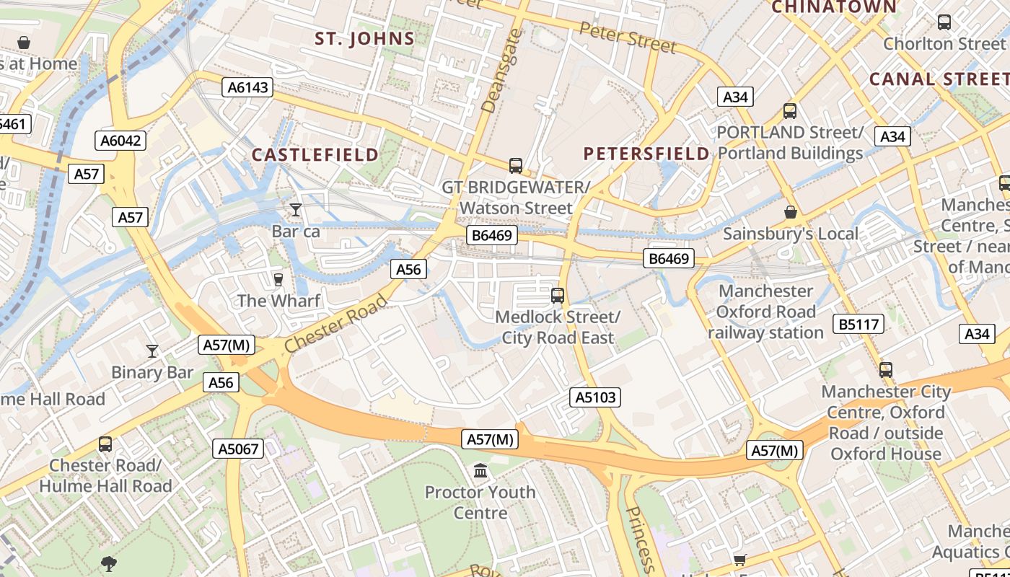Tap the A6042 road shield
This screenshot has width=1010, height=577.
click(120, 140)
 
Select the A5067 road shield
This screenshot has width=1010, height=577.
click(238, 449)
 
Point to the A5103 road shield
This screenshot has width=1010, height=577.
click(595, 397)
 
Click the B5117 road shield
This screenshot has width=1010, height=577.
click(858, 324)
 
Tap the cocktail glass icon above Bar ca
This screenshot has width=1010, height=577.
click(295, 210)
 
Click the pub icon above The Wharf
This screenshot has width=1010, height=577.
click(278, 279)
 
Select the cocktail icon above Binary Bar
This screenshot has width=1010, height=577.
click(151, 351)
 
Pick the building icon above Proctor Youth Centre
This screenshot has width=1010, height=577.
click(480, 472)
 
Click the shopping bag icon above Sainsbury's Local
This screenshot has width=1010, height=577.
click(791, 213)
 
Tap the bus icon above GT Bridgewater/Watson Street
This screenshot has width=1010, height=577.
click(515, 166)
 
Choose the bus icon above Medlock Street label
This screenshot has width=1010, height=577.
click(557, 295)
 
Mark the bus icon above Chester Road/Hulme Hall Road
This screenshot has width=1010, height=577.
click(105, 444)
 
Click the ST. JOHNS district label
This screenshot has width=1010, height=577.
click(364, 39)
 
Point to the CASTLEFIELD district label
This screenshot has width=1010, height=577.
click(315, 154)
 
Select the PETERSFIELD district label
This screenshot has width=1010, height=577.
click(646, 153)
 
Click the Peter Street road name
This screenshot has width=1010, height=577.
click(628, 38)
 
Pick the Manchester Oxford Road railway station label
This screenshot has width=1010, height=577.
click(765, 312)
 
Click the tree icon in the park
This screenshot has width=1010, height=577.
click(109, 563)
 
